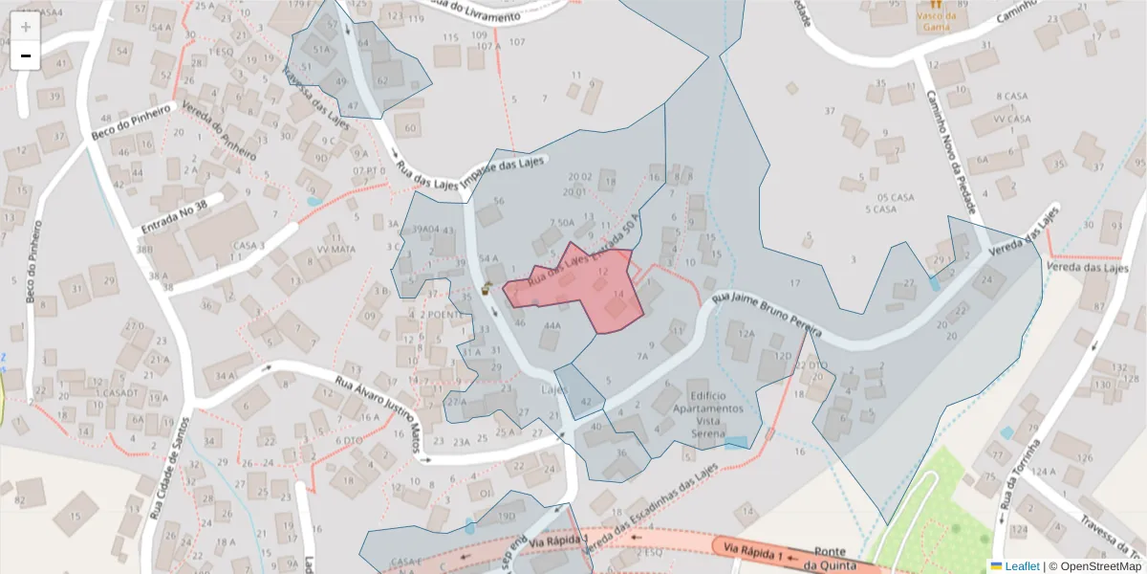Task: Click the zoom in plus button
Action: tap(25, 27)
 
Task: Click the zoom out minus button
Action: tap(25, 55)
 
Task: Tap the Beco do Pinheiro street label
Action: tap(131, 124)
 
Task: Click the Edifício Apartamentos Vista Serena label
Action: tap(707, 408)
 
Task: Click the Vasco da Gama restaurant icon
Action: tap(935, 4)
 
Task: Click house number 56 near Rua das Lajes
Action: tap(498, 201)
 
